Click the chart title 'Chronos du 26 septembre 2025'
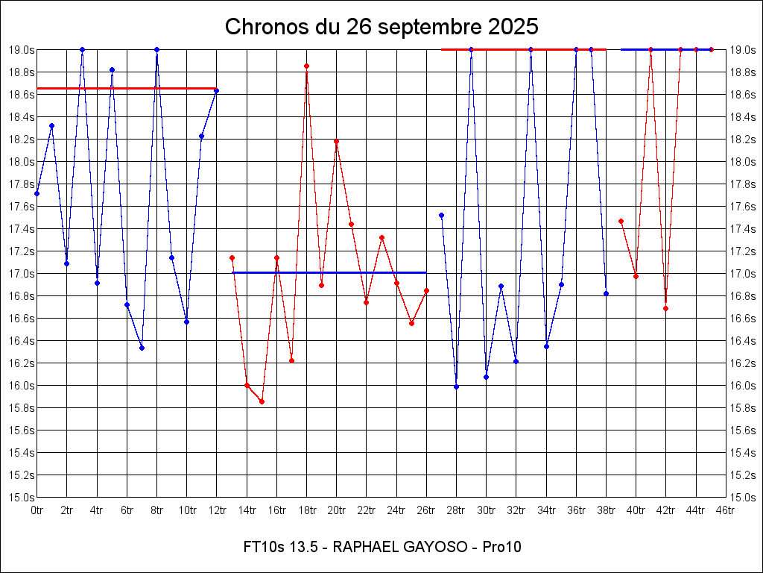(381, 27)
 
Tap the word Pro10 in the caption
(501, 547)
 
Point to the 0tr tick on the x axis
(37, 510)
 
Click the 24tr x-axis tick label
(396, 510)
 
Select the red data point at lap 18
(306, 66)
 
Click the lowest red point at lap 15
(262, 401)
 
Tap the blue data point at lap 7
(142, 348)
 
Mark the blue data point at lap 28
(456, 386)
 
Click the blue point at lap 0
(37, 193)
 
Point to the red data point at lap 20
(336, 141)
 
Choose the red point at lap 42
(665, 308)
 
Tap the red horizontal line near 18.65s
(127, 88)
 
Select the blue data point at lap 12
(216, 91)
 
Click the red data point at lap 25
(411, 323)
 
